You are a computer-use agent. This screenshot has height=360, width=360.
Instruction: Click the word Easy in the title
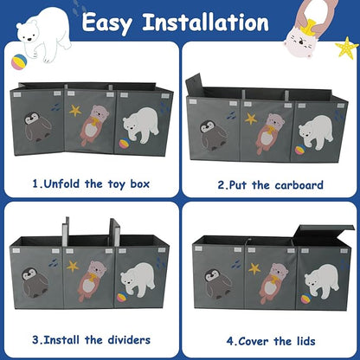(106, 23)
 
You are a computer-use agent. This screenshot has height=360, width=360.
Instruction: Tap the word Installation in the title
(205, 22)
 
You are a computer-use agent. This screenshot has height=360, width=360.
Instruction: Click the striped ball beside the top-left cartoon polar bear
(19, 61)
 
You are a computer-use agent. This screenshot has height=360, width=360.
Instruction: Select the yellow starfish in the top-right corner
(347, 48)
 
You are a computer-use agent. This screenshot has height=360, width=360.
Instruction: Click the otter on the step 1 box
(93, 125)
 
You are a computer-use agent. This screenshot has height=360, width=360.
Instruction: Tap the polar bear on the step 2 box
(316, 132)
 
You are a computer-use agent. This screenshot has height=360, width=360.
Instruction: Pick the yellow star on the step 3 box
(73, 267)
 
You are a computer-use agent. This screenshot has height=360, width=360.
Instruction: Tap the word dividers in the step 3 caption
(129, 340)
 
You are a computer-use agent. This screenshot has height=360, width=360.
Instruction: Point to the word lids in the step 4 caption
(306, 341)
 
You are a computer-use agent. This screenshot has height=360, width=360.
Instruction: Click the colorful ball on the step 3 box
(122, 297)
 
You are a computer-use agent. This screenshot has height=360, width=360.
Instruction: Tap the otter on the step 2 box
(270, 132)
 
